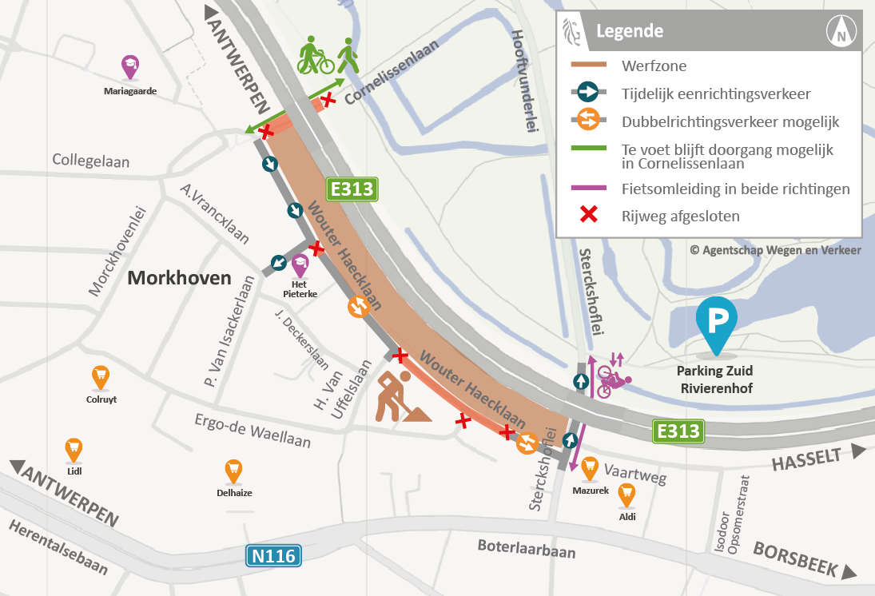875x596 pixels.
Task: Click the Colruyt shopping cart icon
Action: point(100,376)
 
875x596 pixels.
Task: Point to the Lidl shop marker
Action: point(74,450)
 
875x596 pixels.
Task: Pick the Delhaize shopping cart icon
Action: point(233,471)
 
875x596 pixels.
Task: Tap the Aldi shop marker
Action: point(627,495)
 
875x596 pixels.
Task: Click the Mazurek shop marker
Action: point(590,467)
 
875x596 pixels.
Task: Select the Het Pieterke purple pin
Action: point(300,265)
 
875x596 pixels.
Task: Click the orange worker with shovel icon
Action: point(398,396)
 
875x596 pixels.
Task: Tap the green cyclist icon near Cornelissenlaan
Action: point(315,56)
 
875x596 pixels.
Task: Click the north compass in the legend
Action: point(841,32)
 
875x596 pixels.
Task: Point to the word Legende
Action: point(630,32)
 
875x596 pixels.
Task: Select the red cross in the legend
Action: point(589,215)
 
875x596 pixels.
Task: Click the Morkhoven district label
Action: point(179,279)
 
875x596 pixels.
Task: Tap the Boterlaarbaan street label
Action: point(526,550)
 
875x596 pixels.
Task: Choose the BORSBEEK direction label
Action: point(794,559)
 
